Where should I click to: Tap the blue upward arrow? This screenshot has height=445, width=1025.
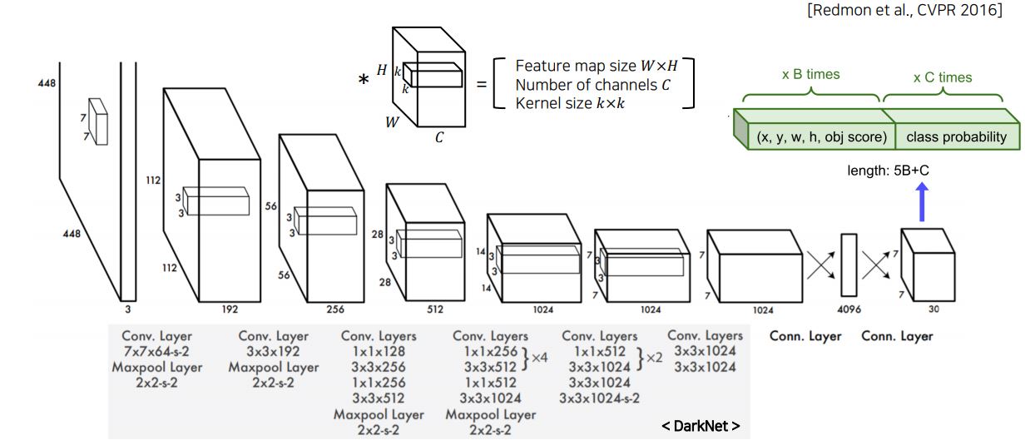921,202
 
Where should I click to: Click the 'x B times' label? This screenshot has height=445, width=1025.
810,74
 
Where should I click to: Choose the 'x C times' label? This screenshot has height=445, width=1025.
942,77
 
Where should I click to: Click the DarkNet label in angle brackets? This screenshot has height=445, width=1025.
700,426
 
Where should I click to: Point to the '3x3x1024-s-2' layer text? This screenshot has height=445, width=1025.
599,398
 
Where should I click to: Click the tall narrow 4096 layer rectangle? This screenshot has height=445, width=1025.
848,265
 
